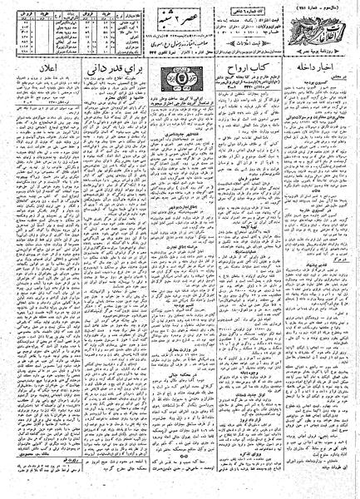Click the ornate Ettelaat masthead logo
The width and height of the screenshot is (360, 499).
click(321, 32)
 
